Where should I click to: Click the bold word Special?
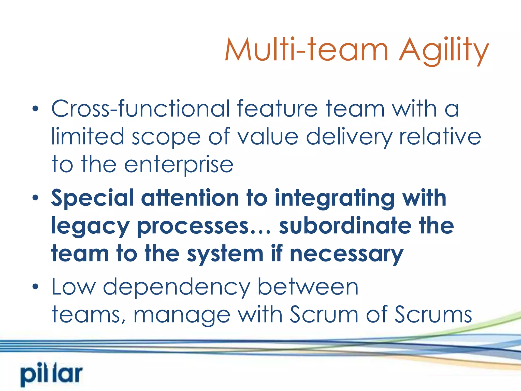coord(92,198)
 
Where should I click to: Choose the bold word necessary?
coord(346,254)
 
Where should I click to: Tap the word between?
coord(308,287)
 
